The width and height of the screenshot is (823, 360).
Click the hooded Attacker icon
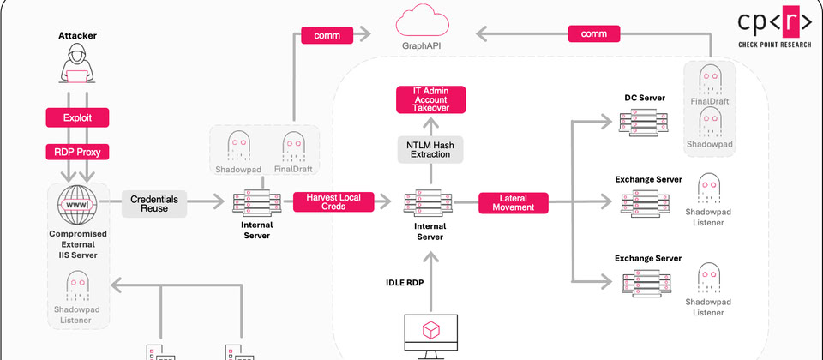point(76,69)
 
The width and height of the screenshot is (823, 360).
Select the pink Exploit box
point(76,117)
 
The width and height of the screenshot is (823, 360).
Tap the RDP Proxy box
point(76,153)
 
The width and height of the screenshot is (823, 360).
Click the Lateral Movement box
point(512,203)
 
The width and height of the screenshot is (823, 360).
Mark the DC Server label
point(645,98)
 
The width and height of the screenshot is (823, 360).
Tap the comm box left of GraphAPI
point(326,35)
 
